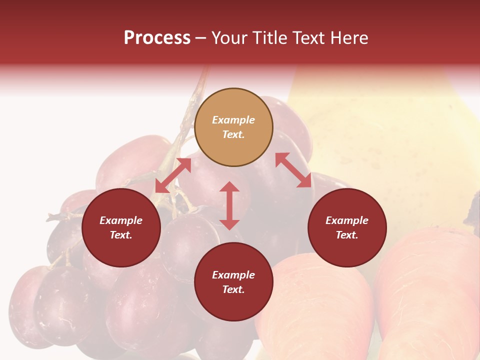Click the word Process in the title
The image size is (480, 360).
coord(157,38)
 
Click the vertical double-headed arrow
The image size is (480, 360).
coord(229,205)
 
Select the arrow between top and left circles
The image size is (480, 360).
coord(173,175)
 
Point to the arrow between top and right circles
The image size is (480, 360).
coord(293,170)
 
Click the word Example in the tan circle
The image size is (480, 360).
coord(233,120)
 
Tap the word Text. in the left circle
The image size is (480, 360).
coord(121,235)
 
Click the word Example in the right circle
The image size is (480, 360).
coord(347,220)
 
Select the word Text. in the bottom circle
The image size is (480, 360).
coord(233,289)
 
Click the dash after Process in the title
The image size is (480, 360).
coord(200,38)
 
